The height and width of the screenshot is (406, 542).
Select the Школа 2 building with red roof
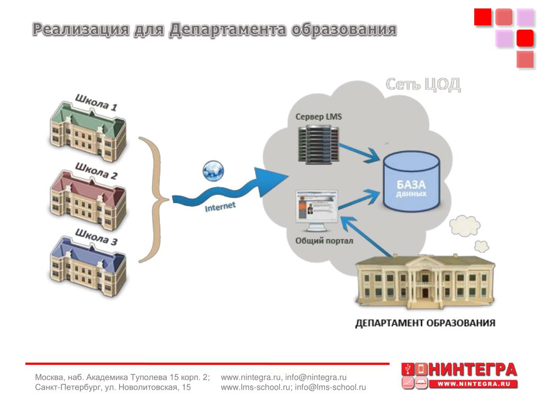click(87, 198)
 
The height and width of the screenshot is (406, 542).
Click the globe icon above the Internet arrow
click(213, 170)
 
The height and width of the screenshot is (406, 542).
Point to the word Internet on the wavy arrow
click(220, 206)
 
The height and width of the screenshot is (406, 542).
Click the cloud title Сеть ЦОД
click(422, 85)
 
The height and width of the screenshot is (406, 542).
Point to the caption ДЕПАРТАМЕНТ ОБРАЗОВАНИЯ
click(425, 323)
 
